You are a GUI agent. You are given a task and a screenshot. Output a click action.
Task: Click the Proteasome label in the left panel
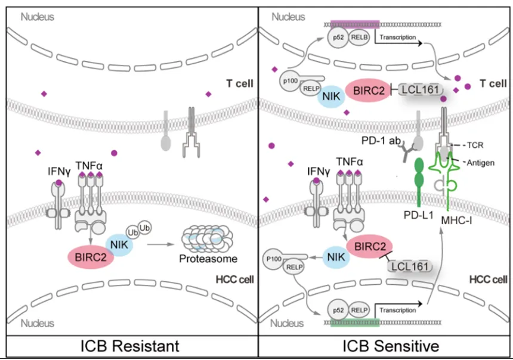tap(207, 259)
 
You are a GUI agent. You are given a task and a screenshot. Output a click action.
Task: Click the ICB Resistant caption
tap(129, 346)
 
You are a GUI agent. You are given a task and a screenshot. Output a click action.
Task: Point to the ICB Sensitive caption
tap(386, 346)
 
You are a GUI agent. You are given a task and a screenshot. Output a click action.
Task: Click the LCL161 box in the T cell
tap(419, 89)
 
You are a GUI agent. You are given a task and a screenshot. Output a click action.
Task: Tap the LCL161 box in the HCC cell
tap(409, 266)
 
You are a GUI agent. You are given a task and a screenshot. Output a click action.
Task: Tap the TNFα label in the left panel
tap(88, 162)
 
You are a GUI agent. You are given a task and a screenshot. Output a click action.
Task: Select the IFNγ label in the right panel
tap(319, 171)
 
